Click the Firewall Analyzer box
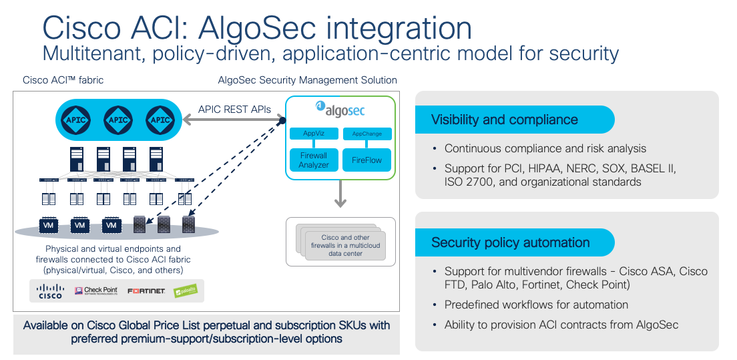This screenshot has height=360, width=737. point(313,160)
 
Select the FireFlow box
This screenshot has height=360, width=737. point(366,160)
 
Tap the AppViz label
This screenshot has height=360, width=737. point(313,134)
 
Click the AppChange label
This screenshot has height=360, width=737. point(366,134)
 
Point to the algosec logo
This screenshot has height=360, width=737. point(340,110)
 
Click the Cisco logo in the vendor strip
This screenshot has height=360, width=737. point(50,291)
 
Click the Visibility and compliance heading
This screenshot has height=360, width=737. point(504,120)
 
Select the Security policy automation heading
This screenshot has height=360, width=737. point(510,242)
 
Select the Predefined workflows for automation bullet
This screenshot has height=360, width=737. point(536,305)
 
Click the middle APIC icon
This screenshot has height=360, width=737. point(117,120)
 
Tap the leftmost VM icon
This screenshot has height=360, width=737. point(48,226)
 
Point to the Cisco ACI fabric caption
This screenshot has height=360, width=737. point(63,80)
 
